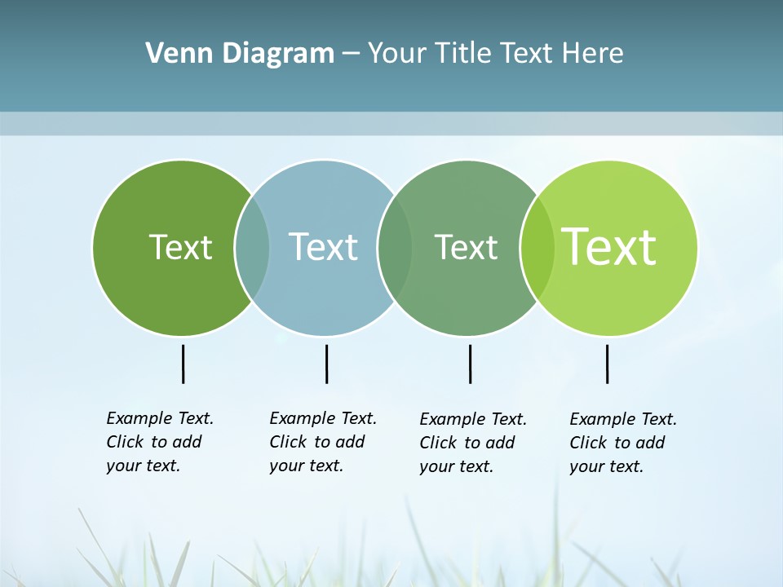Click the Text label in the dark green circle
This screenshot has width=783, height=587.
point(180,247)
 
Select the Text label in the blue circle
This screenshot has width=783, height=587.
point(323,247)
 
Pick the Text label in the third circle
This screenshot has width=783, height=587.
point(466,247)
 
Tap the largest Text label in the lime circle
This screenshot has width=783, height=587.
point(609,247)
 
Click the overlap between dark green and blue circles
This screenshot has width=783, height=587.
point(252,248)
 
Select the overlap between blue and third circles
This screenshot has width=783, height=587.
point(395,248)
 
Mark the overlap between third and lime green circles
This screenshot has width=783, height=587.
point(537,248)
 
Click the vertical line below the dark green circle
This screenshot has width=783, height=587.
point(184,364)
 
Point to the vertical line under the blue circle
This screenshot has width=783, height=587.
point(326,364)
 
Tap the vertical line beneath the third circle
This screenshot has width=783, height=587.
point(470,364)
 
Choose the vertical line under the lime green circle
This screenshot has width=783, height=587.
point(607,364)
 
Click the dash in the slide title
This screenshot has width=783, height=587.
point(351,55)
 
